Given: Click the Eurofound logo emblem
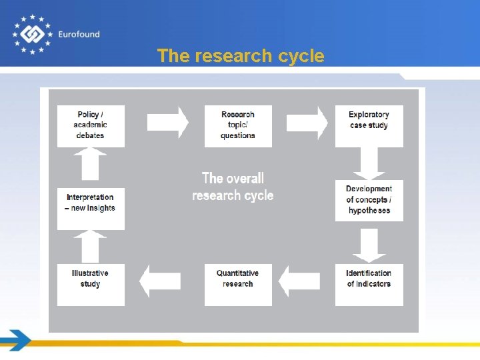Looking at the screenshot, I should pyautogui.click(x=31, y=34).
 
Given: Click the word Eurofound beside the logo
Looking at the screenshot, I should pyautogui.click(x=79, y=35).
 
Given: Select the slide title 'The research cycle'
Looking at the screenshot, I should pyautogui.click(x=241, y=56).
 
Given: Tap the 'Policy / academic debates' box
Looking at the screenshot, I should pyautogui.click(x=91, y=125).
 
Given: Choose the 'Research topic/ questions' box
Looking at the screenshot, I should pyautogui.click(x=238, y=125).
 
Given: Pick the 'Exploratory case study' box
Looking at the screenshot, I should pyautogui.click(x=369, y=125).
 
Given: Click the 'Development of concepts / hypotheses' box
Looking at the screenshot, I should pyautogui.click(x=369, y=200).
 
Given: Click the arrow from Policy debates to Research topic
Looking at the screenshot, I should pyautogui.click(x=167, y=122).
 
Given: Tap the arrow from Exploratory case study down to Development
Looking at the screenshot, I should pyautogui.click(x=369, y=163).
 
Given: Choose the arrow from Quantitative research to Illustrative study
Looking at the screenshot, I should pyautogui.click(x=160, y=281).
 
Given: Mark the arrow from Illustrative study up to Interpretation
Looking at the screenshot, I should pyautogui.click(x=91, y=247).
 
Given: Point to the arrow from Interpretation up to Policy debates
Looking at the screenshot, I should pyautogui.click(x=91, y=164).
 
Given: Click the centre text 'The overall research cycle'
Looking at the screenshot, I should pyautogui.click(x=233, y=187).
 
